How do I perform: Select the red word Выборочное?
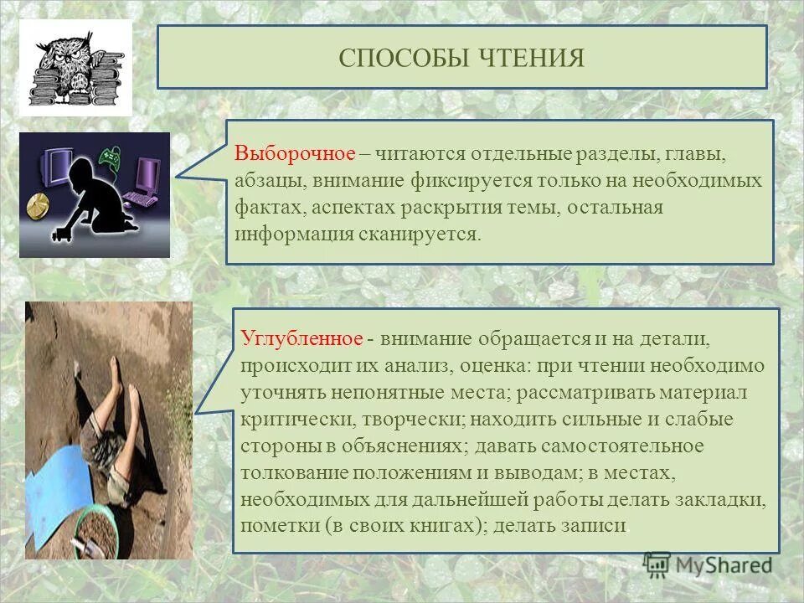(x=296, y=155)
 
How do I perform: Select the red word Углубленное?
(x=301, y=340)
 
